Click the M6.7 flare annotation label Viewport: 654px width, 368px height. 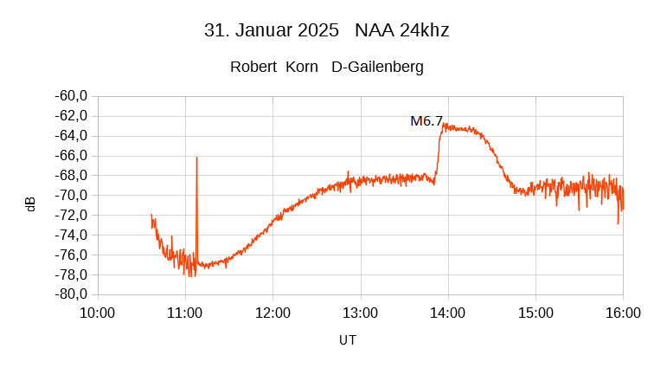pos(426,121)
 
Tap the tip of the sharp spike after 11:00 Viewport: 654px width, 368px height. pos(196,158)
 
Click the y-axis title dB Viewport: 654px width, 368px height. pos(31,204)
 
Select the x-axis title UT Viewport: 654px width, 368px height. pos(348,340)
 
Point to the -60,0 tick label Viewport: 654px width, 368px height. pos(71,96)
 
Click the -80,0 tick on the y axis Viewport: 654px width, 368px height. pos(71,294)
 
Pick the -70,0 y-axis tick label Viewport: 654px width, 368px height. pos(71,195)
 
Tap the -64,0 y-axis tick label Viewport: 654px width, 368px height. pos(71,136)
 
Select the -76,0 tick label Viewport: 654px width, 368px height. pos(71,255)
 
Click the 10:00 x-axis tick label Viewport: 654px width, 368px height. pos(97,313)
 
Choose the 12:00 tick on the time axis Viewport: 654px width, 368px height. pos(272,313)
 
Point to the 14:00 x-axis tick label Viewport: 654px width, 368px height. pos(448,313)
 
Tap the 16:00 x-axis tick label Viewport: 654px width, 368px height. pos(623,313)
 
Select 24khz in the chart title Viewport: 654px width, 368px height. pos(424,30)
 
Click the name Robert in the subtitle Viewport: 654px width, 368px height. pos(253,67)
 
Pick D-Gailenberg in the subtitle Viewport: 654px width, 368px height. pos(378,67)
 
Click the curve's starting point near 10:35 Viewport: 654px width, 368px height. pos(151,215)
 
